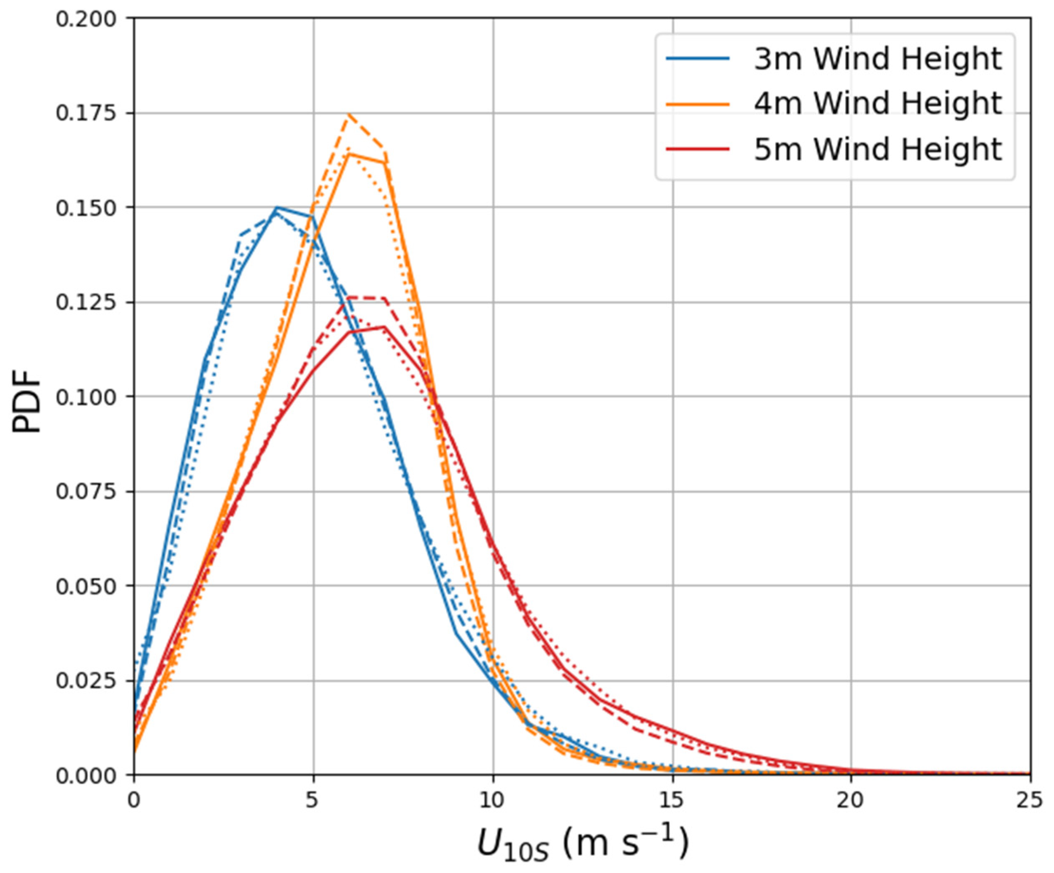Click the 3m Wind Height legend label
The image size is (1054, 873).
[x=877, y=59]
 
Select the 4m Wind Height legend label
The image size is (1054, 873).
[x=877, y=104]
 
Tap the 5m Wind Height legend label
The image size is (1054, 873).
[x=877, y=149]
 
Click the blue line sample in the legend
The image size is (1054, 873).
[x=698, y=59]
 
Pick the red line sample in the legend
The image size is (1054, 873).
[x=698, y=149]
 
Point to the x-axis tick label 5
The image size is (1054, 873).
[x=313, y=800]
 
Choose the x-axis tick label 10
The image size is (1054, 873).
[x=492, y=800]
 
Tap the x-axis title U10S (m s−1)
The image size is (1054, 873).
[x=582, y=843]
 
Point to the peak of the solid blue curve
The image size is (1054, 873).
[x=277, y=207]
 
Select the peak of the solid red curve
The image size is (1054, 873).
[x=384, y=327]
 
